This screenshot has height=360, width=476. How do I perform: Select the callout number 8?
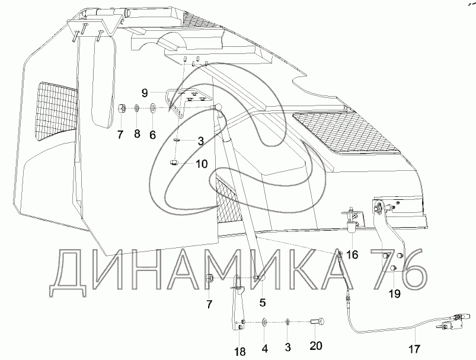136,135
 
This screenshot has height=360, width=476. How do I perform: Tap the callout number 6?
152,135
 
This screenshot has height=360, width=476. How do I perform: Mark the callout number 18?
239,352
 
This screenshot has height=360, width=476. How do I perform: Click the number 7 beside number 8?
120,135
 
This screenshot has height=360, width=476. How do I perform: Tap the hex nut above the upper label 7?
121,109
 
